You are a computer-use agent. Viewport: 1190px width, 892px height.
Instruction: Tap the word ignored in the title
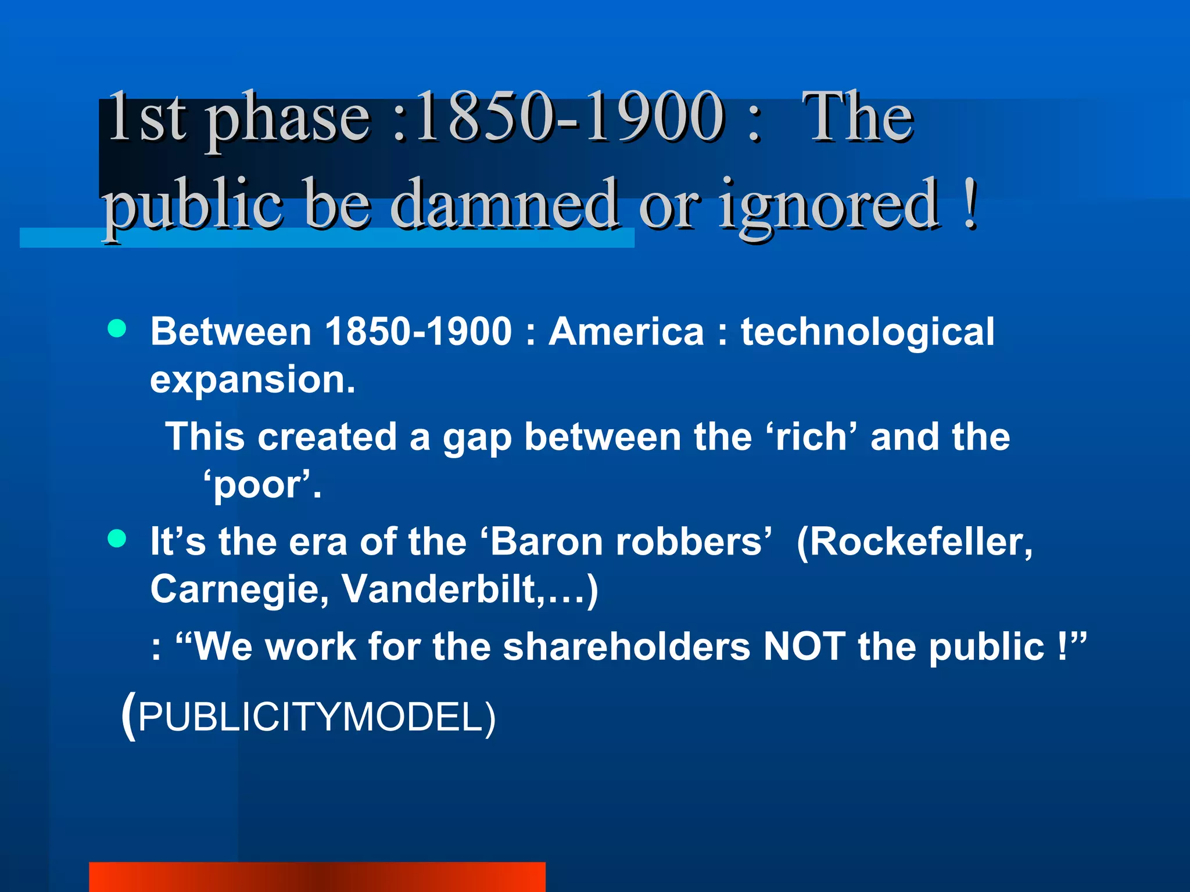[x=829, y=206]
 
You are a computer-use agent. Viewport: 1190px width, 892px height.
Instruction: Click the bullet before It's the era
[x=117, y=538]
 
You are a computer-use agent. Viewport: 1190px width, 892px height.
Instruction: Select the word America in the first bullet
[x=626, y=332]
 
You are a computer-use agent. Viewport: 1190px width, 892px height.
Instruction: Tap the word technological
[x=867, y=333]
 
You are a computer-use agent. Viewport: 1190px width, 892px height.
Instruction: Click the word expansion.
[x=252, y=380]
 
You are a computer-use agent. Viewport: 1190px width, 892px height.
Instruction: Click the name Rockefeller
[x=915, y=542]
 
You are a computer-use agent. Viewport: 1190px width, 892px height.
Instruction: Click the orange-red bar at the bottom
[x=317, y=876]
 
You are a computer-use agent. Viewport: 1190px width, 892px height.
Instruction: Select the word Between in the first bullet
[x=231, y=332]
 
